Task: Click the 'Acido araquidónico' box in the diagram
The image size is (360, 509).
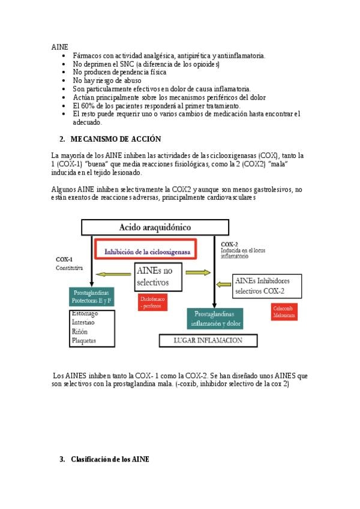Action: pos(155,227)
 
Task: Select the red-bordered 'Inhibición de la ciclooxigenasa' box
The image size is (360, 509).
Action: pos(146,252)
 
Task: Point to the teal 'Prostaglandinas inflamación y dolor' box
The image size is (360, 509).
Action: pos(215,319)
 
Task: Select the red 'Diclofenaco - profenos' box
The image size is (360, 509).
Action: pos(152,302)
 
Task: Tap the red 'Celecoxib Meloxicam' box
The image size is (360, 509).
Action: pos(284,312)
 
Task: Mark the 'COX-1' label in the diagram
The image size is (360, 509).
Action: pos(64,259)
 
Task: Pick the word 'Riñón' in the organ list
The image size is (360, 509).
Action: pos(80,331)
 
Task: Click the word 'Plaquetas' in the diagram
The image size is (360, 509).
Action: pos(85,340)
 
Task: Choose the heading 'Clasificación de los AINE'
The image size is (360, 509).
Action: pos(110,459)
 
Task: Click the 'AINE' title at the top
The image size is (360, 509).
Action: pos(60,46)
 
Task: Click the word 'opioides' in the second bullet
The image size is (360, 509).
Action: pos(205,64)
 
